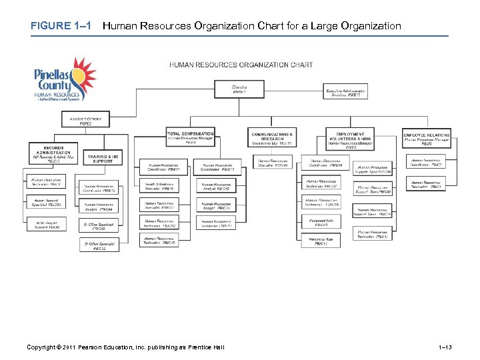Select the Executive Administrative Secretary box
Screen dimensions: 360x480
tap(345, 93)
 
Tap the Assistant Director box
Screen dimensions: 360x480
tap(85, 121)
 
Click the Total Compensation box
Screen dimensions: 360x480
tap(191, 137)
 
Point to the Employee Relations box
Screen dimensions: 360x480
tap(427, 137)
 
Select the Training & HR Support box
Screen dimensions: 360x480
tap(103, 159)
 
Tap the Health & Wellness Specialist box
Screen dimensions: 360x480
tap(160, 187)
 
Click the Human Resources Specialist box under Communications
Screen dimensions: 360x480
tap(273, 163)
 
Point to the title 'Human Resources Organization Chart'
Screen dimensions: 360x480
tap(241, 65)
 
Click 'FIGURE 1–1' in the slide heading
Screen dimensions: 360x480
tap(61, 26)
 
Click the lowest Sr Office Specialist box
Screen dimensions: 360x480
tap(100, 246)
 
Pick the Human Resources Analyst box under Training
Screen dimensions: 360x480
tap(100, 207)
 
